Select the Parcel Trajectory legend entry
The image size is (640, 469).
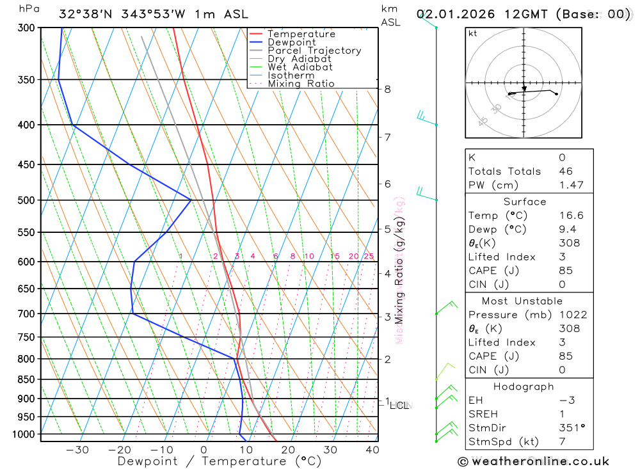point(314,51)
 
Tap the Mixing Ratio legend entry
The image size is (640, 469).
point(301,84)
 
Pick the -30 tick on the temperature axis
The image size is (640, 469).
point(77,450)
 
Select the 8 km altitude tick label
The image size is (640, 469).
point(387,89)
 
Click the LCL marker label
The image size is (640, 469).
point(401,405)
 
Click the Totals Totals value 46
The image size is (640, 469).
point(566,171)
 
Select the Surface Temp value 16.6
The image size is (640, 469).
point(571,216)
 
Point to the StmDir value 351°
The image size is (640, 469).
point(571,428)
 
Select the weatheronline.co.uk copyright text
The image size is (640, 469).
point(533,461)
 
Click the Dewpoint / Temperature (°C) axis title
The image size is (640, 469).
point(219,461)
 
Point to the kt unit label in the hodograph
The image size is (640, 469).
point(473,33)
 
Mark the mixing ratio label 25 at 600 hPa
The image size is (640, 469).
point(369,257)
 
